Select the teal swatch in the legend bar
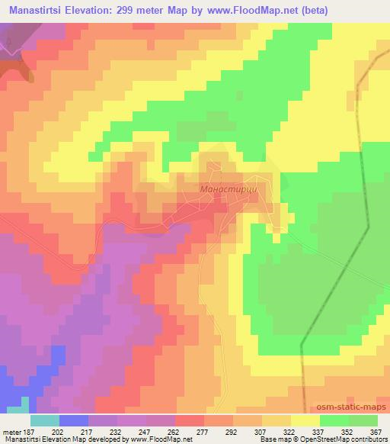click(45, 420)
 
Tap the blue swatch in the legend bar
click(74, 420)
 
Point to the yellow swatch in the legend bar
click(305, 420)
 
